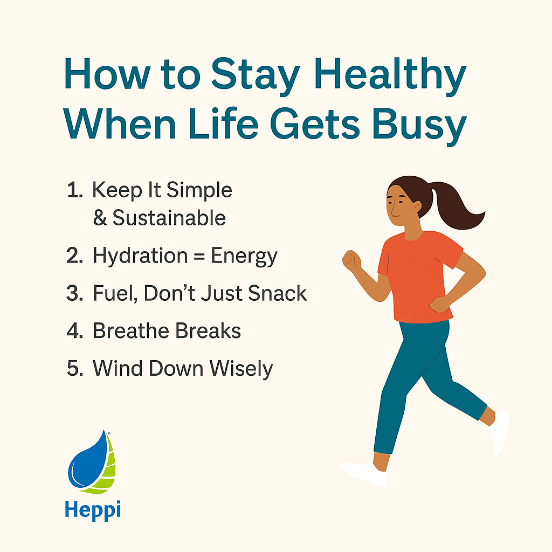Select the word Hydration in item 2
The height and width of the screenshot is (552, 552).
coord(139,256)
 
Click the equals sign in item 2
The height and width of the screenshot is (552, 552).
coord(198,257)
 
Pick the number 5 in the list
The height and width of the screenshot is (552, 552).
coord(74,369)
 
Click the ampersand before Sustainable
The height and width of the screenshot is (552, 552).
coord(100,218)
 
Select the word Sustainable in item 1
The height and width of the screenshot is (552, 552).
coord(169,218)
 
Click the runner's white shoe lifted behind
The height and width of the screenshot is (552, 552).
coord(501,431)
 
